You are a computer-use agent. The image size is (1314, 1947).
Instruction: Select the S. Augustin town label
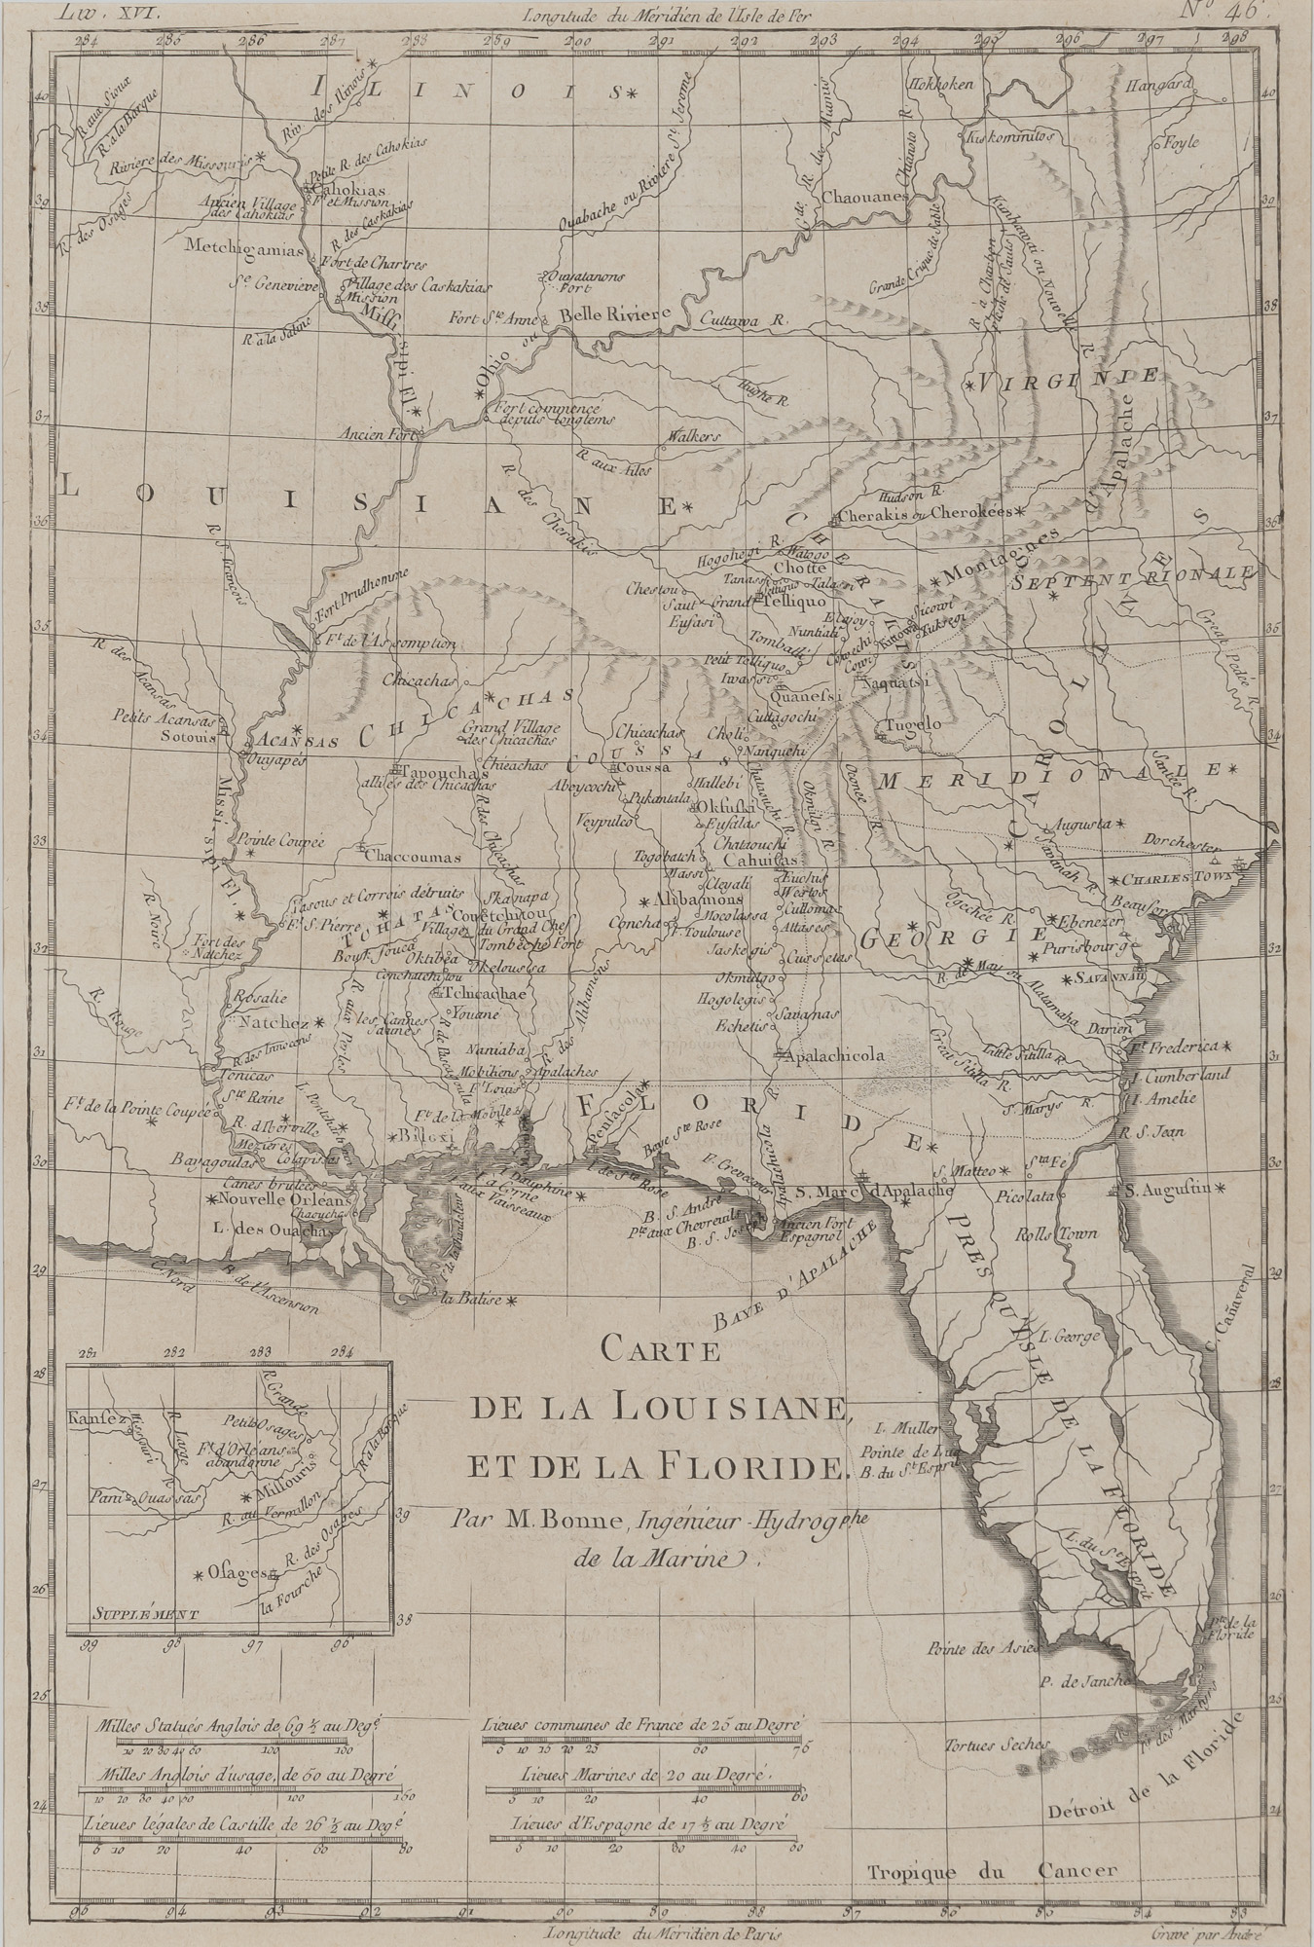pos(1165,1189)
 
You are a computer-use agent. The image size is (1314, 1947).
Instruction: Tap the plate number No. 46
pos(1229,13)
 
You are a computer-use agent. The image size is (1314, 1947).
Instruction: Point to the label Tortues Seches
pos(989,1742)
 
